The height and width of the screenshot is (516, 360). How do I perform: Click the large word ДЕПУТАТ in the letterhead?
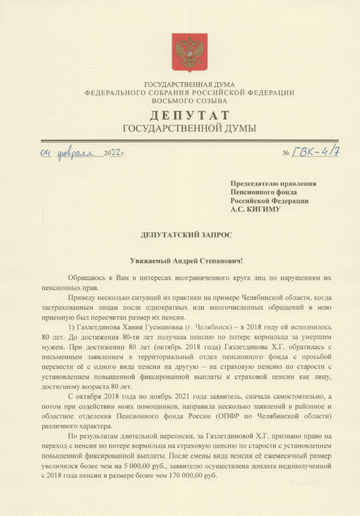[x=189, y=115]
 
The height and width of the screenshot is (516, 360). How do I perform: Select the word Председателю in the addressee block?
[x=256, y=184]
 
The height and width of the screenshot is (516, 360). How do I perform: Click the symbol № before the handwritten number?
[x=286, y=153]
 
